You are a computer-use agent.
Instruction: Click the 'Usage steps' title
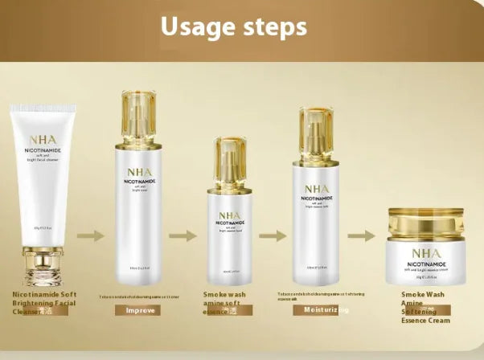click(x=233, y=27)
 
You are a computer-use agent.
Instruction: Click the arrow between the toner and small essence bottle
click(x=183, y=235)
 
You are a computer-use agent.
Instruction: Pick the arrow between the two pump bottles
click(x=273, y=235)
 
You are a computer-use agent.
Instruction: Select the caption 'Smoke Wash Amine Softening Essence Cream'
click(x=425, y=308)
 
